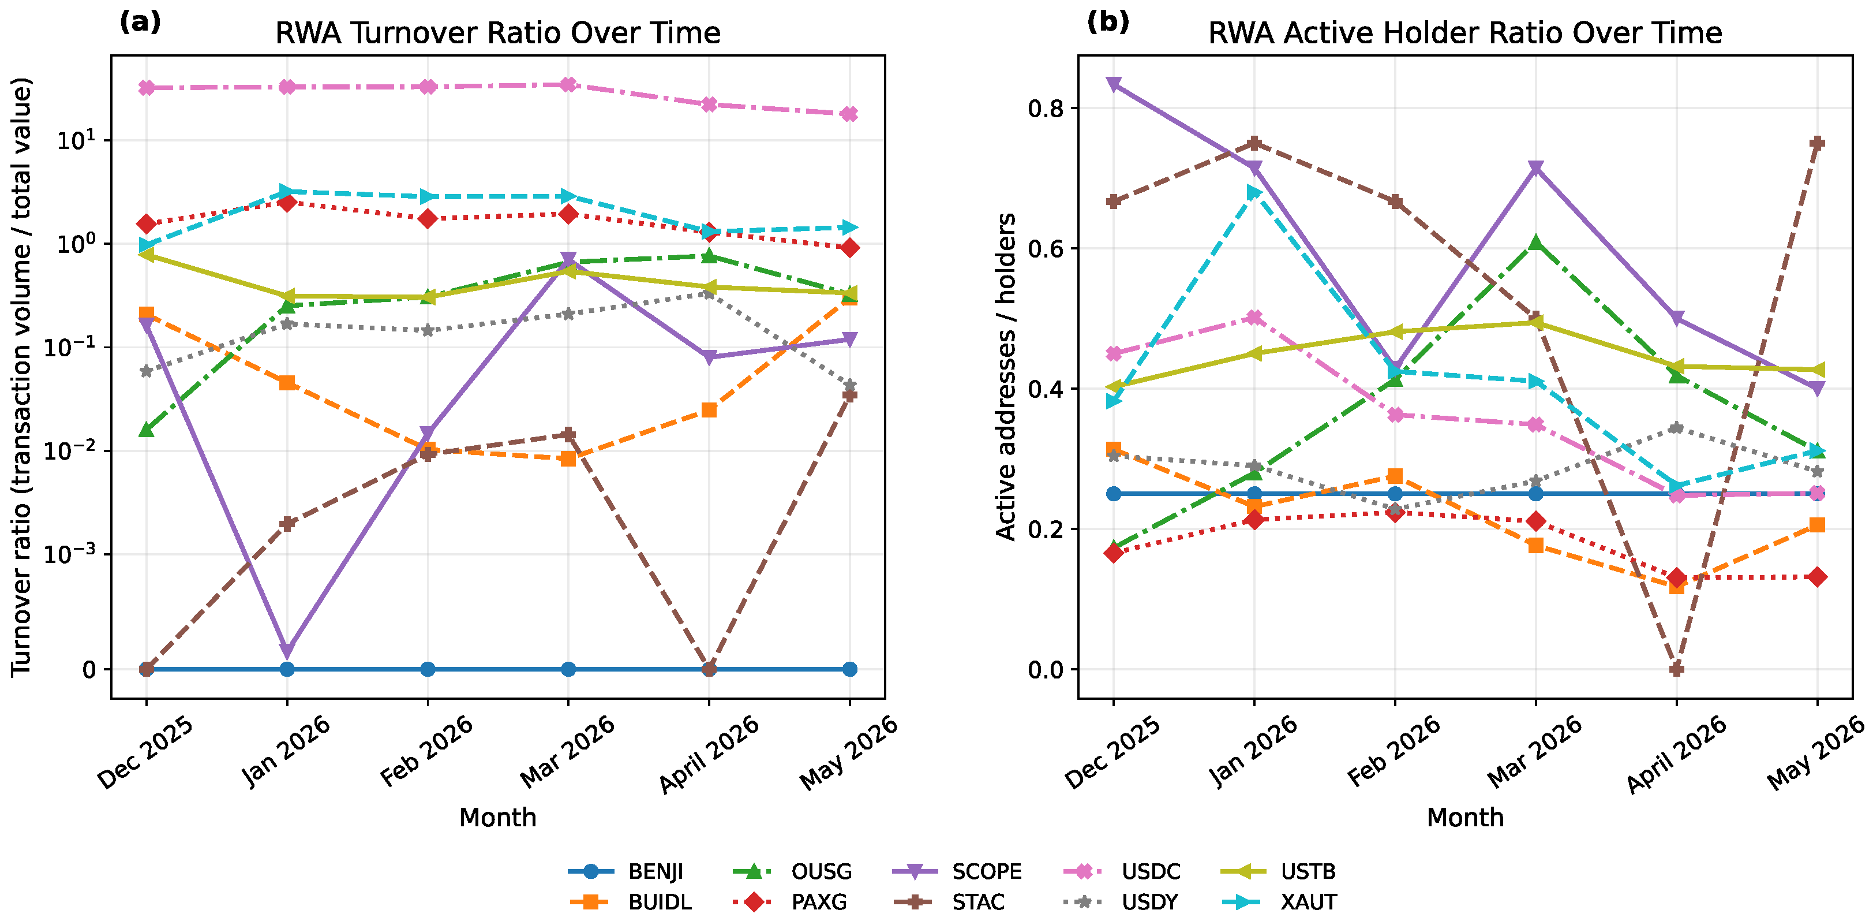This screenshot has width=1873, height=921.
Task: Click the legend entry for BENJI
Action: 625,871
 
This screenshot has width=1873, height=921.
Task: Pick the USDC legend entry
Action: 1122,871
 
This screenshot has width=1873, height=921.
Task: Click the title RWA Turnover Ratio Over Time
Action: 498,33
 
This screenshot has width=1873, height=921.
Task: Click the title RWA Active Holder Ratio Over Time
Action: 1465,33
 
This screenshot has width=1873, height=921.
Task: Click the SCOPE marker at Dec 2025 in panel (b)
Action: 1113,84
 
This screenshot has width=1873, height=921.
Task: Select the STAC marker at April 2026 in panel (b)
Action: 1677,669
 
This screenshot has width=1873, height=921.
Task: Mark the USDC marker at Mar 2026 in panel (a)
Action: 568,84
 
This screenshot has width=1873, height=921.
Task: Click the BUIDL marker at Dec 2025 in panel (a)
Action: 146,314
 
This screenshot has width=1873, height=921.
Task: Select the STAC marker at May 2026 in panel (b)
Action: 1817,143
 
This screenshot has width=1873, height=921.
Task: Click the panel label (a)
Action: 140,23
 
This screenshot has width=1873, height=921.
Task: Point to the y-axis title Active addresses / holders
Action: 1006,377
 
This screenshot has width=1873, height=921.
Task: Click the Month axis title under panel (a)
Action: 498,818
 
